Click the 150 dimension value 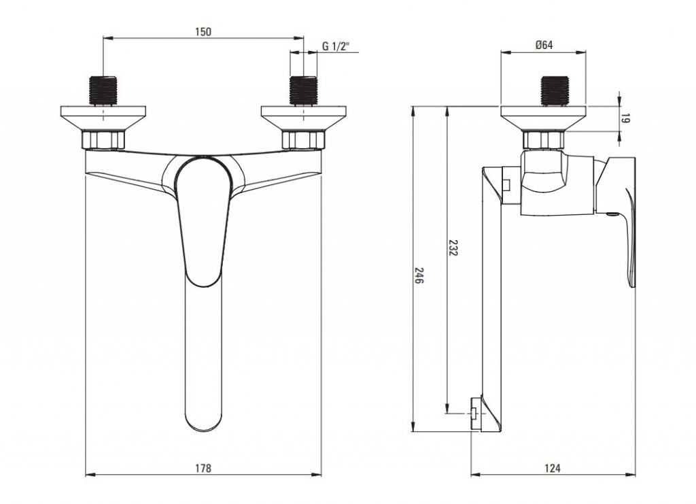click(x=203, y=31)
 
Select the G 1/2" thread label click(x=336, y=46)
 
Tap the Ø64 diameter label click(x=544, y=45)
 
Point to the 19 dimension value click(x=625, y=118)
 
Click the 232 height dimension click(x=453, y=248)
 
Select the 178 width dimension click(x=203, y=468)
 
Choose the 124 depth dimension click(x=552, y=468)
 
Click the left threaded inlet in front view click(x=103, y=91)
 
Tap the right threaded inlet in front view click(x=304, y=91)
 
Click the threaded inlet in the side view click(x=555, y=91)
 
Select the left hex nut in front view click(x=103, y=140)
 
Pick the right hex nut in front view click(x=304, y=140)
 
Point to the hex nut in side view click(x=544, y=140)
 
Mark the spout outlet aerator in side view click(x=475, y=413)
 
